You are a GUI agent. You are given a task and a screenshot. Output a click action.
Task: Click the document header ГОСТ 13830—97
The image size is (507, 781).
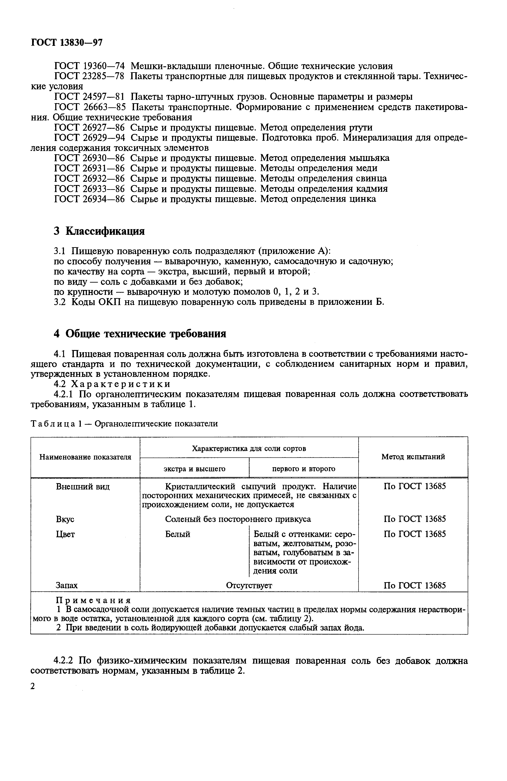[67, 43]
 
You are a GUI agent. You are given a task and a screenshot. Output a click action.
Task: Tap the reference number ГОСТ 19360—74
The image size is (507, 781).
[89, 66]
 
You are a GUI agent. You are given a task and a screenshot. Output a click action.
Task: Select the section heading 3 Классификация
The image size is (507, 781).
[99, 231]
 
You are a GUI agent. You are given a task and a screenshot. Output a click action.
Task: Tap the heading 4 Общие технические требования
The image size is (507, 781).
[140, 334]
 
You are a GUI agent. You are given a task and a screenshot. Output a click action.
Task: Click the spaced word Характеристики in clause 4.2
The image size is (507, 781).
[121, 384]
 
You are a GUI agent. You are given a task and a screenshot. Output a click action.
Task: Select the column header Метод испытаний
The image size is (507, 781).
[413, 457]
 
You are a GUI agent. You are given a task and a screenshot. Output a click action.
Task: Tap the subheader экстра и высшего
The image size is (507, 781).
[194, 469]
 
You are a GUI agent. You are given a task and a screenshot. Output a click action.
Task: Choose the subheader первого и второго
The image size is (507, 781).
[304, 469]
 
